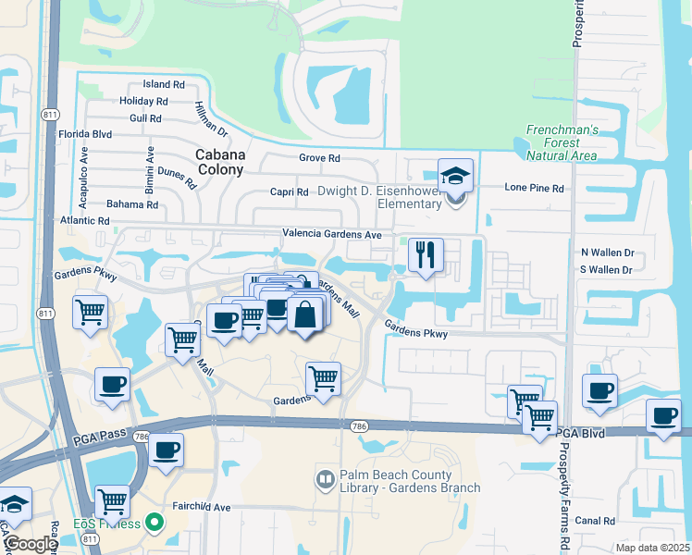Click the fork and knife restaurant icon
426,255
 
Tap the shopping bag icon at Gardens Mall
304,314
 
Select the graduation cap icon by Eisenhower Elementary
454,176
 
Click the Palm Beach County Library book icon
324,479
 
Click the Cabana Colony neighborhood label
220,162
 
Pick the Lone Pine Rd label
534,188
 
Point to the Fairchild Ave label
203,507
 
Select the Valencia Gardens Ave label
332,235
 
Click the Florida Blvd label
85,134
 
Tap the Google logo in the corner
30,544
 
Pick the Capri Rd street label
290,192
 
